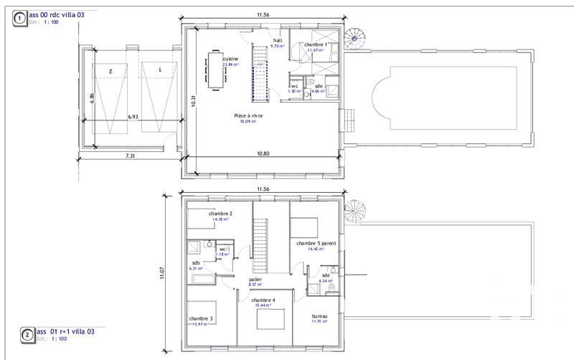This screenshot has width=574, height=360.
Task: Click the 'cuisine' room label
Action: coord(230,59)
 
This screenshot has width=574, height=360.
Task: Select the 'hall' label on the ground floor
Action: coord(277,41)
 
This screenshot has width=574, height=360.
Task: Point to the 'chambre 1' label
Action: coord(316,44)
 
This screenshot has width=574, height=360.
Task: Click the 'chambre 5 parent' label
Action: coord(316,243)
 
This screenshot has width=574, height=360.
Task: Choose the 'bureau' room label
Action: coord(319,316)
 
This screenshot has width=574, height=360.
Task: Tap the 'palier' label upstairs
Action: coord(255,280)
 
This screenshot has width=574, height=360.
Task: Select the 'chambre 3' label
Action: coord(200,318)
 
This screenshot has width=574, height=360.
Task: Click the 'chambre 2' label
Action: coord(220,214)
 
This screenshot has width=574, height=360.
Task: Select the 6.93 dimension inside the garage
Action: coord(134,115)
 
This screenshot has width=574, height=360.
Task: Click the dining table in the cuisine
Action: coord(215,70)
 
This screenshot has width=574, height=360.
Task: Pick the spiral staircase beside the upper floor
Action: coord(353,209)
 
